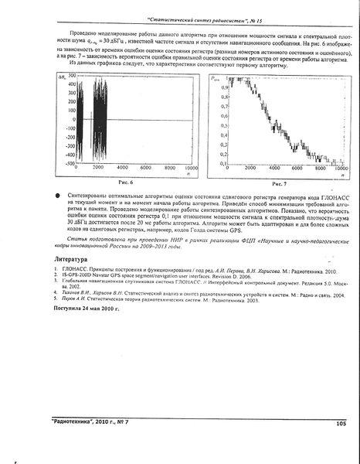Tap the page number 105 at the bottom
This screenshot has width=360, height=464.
[x=341, y=423]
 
